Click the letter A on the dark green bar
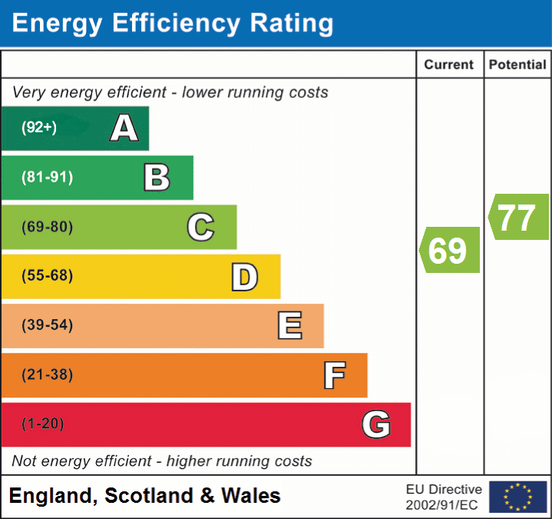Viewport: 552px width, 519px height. click(124, 128)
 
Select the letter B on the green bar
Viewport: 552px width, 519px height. click(157, 178)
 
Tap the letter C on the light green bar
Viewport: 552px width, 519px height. click(200, 227)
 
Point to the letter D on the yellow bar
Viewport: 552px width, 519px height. click(244, 277)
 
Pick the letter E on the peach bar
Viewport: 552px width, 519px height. click(289, 326)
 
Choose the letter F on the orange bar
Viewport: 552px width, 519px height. click(333, 375)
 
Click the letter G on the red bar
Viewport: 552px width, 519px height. click(376, 424)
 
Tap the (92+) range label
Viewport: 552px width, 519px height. click(39, 128)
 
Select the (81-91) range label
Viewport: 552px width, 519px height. click(47, 178)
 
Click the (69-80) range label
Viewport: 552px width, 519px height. click(47, 227)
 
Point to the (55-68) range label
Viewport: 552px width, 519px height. click(47, 276)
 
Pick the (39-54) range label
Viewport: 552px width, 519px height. click(47, 325)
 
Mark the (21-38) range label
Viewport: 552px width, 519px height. click(47, 374)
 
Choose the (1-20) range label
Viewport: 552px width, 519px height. click(43, 424)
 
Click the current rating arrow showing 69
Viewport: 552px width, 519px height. click(450, 250)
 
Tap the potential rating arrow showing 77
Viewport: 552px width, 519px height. click(518, 217)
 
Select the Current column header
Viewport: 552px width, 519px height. click(449, 65)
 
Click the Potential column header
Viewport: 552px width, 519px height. click(517, 65)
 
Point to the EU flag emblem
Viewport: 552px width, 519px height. click(517, 497)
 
